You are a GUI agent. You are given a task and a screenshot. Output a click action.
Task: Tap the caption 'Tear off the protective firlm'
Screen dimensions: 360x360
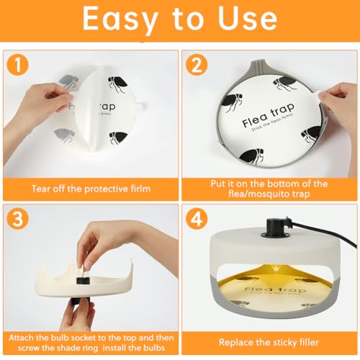91,189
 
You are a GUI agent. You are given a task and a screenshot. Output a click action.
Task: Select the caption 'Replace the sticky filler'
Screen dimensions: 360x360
269,342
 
